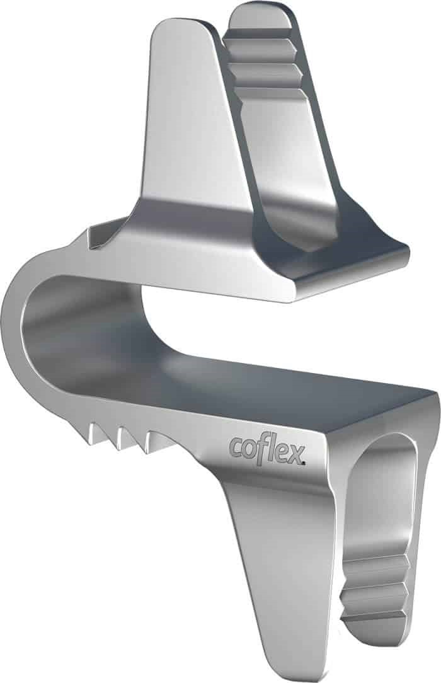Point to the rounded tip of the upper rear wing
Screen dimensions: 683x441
click(258, 14)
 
